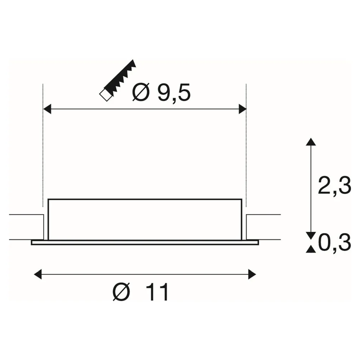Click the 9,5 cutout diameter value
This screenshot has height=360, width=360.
[x=174, y=93]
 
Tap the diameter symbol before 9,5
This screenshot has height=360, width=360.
[x=141, y=93]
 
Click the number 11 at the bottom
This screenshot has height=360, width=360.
[x=157, y=292]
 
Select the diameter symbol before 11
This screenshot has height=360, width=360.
[x=121, y=292]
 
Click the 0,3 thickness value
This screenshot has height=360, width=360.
[x=334, y=243]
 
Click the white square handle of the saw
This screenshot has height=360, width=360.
[x=106, y=95]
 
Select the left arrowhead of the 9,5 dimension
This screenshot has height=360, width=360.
[x=47, y=109]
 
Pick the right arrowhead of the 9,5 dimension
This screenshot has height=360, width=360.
[x=242, y=109]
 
